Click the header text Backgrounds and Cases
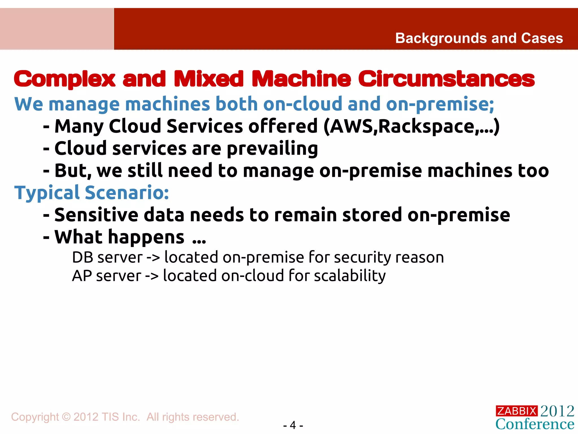tap(479, 38)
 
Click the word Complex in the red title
tap(65, 79)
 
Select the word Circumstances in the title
tap(446, 79)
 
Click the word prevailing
tap(272, 149)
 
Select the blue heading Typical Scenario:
tap(92, 193)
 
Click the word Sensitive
tap(96, 215)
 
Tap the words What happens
tap(119, 237)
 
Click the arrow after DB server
tap(153, 257)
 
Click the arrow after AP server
tap(152, 276)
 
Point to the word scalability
tap(350, 276)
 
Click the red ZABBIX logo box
tap(516, 411)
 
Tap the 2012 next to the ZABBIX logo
tap(557, 411)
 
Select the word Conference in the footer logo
tap(535, 424)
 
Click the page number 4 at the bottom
tap(293, 425)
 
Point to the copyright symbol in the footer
tap(66, 417)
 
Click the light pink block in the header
tap(57, 29)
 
